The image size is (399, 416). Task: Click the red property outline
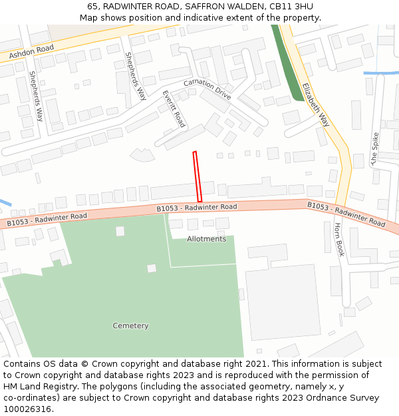click(197, 176)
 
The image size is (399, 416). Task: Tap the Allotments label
click(206, 239)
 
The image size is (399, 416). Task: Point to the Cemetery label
click(130, 326)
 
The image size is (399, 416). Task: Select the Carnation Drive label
click(207, 90)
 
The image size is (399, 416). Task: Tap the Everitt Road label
click(174, 108)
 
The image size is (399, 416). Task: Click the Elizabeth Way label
click(315, 104)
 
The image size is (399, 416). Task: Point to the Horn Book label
click(339, 240)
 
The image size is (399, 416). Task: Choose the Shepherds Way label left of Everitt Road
click(136, 76)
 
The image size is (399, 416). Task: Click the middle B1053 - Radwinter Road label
click(197, 208)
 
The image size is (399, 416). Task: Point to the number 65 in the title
click(92, 6)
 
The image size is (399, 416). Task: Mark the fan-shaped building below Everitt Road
click(142, 155)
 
